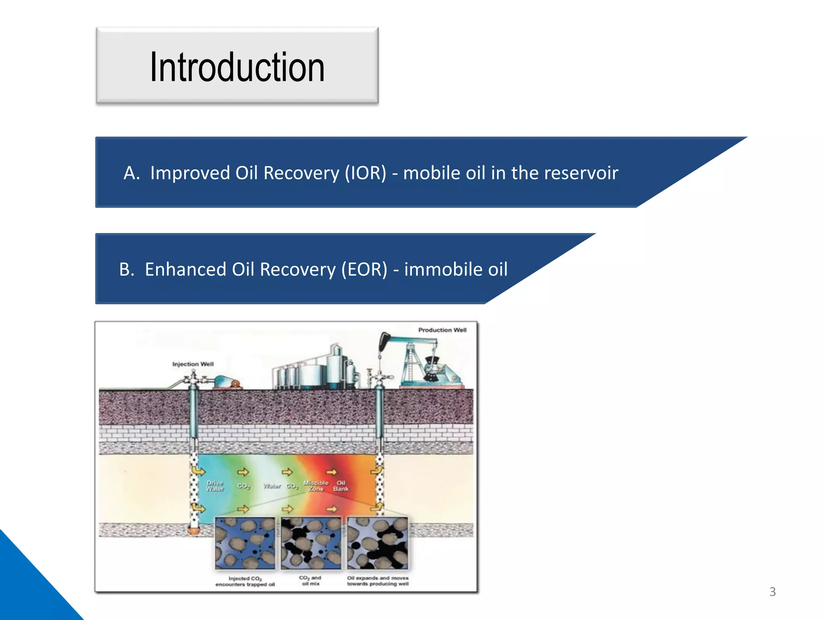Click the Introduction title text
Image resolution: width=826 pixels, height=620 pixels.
point(237,67)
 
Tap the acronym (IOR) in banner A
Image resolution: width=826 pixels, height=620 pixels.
point(365,173)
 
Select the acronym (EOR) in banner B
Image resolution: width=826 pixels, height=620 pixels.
point(364,269)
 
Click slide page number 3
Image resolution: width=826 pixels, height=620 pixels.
point(772,592)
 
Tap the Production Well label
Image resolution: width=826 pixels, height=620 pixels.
point(442,330)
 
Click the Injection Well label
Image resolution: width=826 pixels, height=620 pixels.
point(193,364)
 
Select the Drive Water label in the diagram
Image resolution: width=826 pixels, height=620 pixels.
point(215,486)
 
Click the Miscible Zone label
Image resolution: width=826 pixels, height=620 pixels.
point(316,486)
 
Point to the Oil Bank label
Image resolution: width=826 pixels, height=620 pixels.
point(341,486)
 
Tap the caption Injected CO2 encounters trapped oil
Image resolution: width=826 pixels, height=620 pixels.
point(245,581)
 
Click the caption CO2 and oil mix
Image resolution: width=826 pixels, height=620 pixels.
point(310,580)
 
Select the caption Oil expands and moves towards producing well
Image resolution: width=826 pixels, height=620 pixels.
point(378,581)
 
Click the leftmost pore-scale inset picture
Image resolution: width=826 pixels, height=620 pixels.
point(245,543)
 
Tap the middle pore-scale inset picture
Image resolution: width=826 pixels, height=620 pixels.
point(311,543)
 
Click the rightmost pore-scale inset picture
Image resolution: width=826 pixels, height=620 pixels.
point(378,543)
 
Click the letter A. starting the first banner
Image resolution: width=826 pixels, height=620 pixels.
point(131,173)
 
